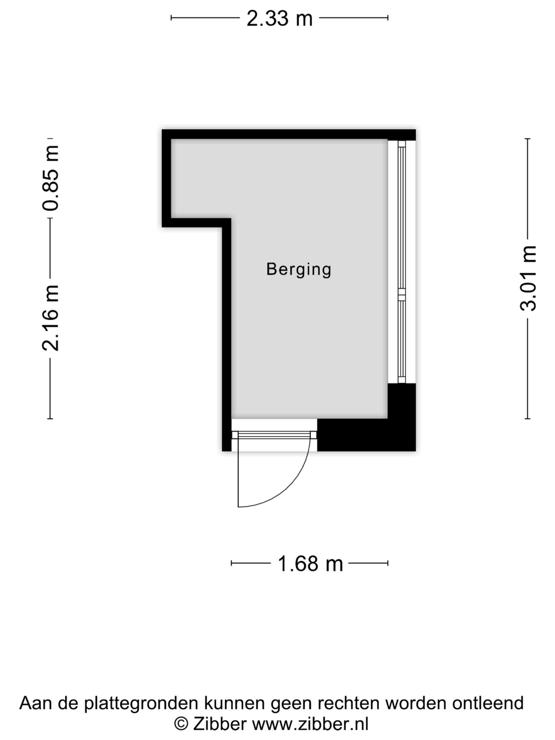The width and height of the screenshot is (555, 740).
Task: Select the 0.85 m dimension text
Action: [x=51, y=178]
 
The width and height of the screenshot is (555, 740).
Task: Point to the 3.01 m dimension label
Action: [x=528, y=278]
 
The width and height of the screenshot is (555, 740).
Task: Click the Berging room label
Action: [x=299, y=270]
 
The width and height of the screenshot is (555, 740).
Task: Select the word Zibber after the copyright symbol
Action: [x=219, y=724]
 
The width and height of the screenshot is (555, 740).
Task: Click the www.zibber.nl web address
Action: [x=310, y=724]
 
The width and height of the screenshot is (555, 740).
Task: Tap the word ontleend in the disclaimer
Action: [x=488, y=703]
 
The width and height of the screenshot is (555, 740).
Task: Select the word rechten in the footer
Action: [x=349, y=703]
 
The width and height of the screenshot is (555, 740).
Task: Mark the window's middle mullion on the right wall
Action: [x=402, y=292]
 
